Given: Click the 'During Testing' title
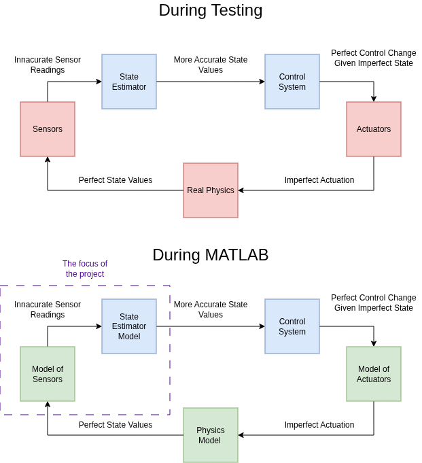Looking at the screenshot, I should (211, 10).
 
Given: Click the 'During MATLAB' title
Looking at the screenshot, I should (211, 255).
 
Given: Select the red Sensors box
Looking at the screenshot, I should (48, 129).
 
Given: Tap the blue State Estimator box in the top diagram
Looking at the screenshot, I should (129, 82).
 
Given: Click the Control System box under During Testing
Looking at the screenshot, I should (292, 82).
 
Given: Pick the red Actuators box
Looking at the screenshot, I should (374, 129).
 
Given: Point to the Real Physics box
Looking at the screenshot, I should (211, 190).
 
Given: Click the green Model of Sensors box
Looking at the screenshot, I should (48, 374).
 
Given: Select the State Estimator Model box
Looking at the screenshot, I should (129, 326).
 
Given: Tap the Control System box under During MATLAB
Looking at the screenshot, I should (292, 326).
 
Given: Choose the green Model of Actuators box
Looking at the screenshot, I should (374, 374).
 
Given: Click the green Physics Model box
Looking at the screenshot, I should (211, 435).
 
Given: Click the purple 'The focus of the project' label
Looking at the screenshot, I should (85, 269).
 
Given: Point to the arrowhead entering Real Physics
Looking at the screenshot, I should (241, 190).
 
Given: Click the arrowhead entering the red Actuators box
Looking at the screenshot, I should (374, 99).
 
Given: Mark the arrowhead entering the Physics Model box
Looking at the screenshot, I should (241, 435).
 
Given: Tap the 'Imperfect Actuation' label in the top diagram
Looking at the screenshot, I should (319, 180).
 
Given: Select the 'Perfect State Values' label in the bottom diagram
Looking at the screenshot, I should (116, 425).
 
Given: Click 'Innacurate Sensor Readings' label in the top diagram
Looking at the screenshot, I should (48, 65).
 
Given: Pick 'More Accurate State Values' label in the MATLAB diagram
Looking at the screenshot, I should (211, 309).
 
